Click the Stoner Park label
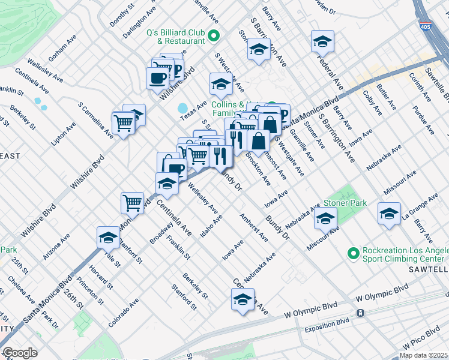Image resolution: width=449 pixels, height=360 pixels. pos(345,203)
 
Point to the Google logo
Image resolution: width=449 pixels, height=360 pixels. pos(20,353)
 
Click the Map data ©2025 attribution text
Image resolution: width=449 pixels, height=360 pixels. pos(423,355)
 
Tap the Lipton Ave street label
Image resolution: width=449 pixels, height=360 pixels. pos(64,134)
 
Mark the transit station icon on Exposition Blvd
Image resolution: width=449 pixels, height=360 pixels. pos(360,313)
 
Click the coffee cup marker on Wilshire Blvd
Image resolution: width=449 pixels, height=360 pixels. pos(158,78)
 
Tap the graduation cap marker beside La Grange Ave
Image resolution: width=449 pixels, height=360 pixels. pos(389,214)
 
